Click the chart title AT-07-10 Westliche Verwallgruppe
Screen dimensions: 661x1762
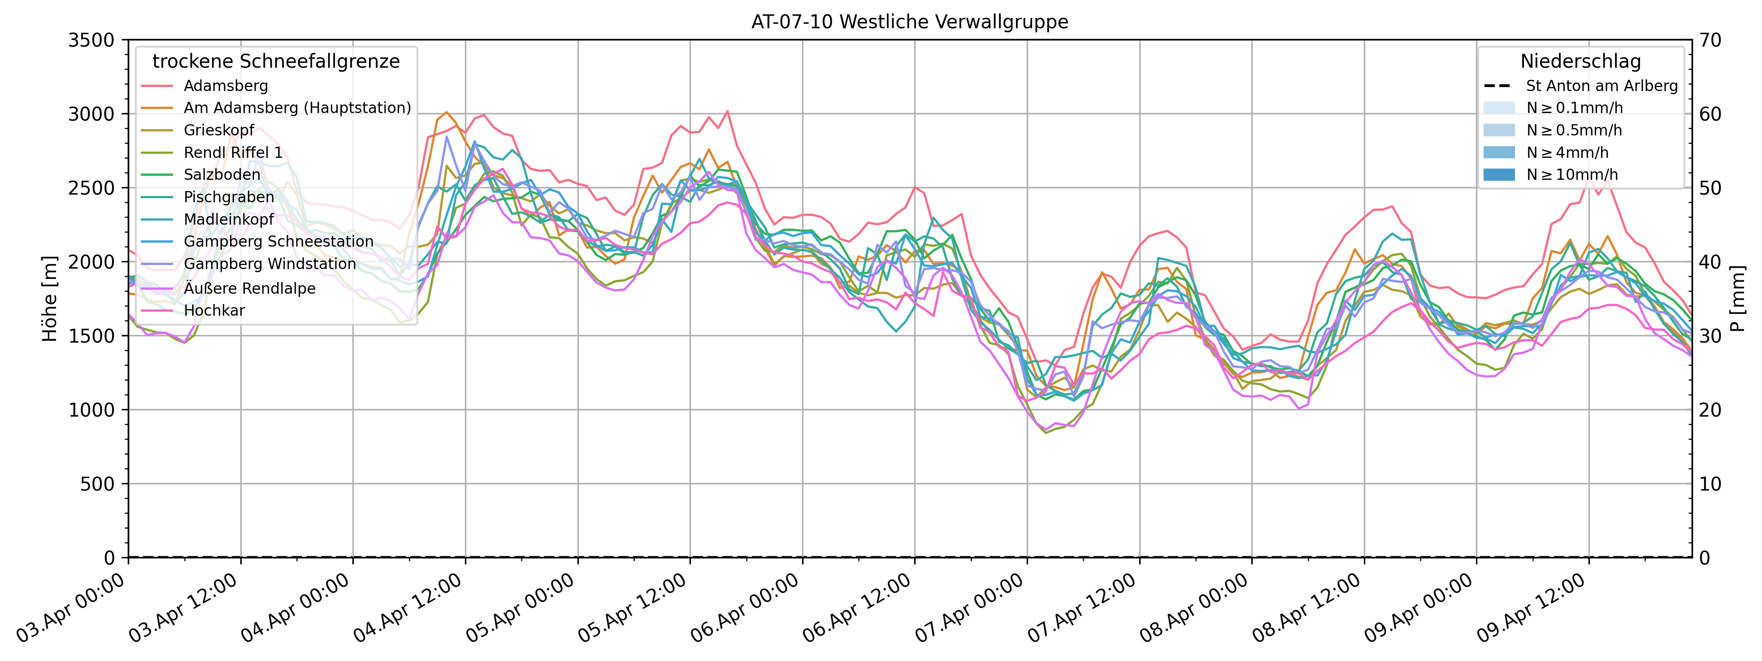pos(909,22)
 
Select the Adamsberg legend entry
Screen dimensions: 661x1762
pos(225,86)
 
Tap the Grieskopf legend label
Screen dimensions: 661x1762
pos(218,130)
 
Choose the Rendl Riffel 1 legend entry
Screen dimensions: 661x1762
pos(233,152)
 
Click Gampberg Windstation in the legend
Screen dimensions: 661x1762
pos(269,264)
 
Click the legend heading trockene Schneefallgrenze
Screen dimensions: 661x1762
pos(276,61)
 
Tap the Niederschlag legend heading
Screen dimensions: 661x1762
pos(1580,61)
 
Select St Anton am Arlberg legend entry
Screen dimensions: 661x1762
pos(1601,86)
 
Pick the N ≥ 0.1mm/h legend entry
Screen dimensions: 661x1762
pos(1574,108)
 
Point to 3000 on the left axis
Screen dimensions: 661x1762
pos(91,114)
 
